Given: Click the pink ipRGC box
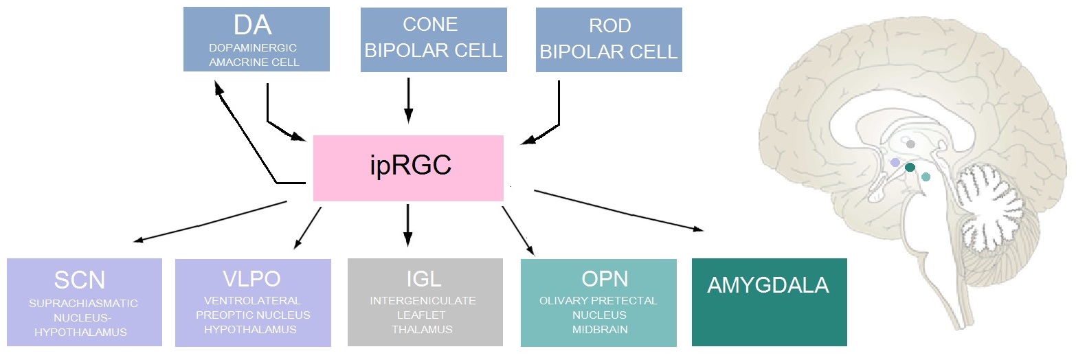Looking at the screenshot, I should [408, 168].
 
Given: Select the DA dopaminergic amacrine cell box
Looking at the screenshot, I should [256, 39].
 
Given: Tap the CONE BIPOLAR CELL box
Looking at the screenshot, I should [434, 40].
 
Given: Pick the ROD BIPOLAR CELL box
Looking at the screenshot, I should [609, 40].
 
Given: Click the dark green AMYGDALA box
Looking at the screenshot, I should [769, 302].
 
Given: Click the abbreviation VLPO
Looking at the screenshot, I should [252, 280].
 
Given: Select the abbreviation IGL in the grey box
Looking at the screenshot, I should [423, 280].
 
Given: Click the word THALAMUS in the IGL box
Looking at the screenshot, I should [423, 330].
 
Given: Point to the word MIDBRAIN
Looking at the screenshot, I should [592, 330].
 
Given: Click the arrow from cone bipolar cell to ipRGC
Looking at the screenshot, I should [410, 100].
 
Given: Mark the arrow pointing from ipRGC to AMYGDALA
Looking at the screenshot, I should [618, 210].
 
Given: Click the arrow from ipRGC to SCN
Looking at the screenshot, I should [210, 221].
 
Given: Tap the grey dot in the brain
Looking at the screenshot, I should [910, 144].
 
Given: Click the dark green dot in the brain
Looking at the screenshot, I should [910, 167].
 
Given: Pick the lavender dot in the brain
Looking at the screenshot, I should [895, 162].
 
